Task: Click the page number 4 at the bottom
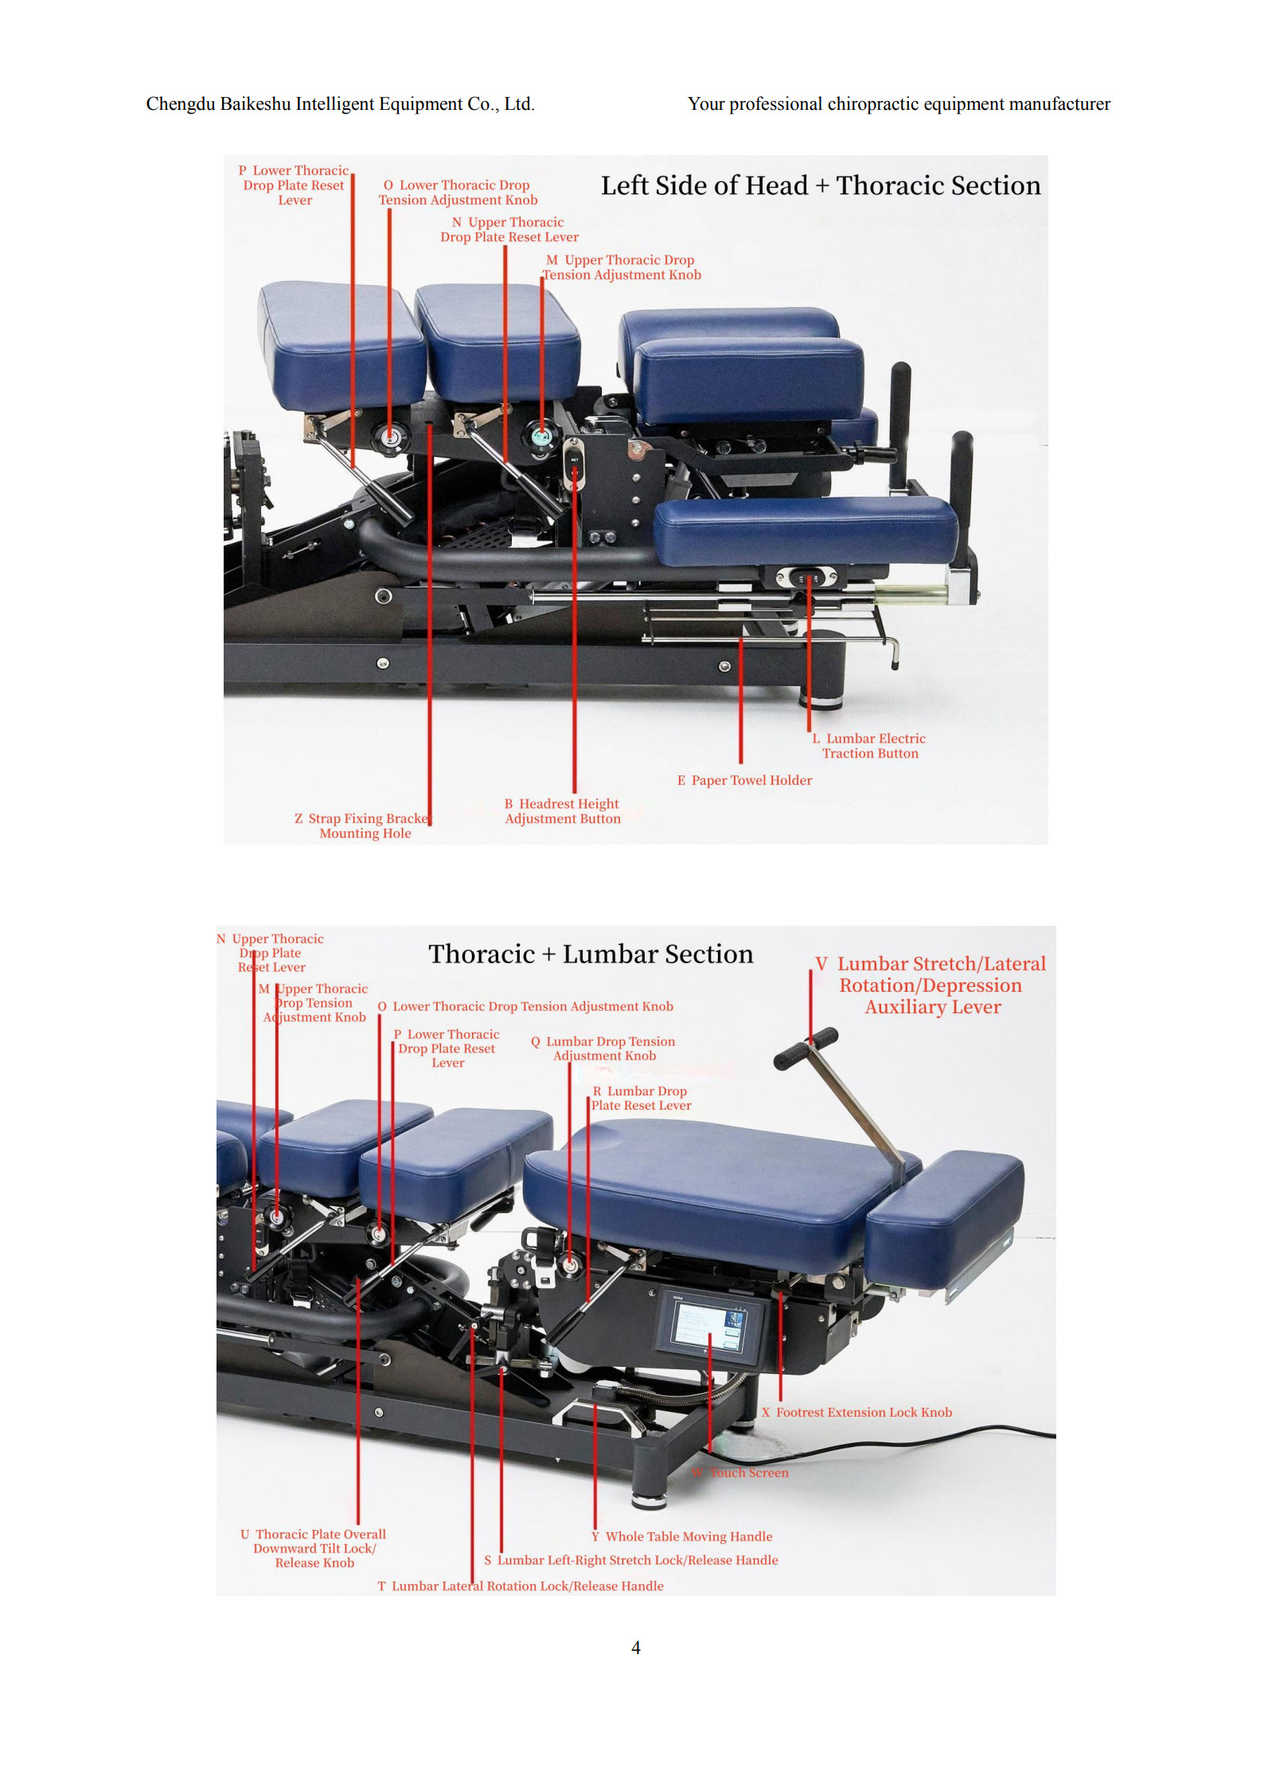click(x=635, y=1648)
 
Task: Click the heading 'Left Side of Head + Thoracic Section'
click(x=820, y=185)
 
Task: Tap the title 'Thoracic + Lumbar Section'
click(x=590, y=954)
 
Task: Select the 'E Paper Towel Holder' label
click(x=744, y=780)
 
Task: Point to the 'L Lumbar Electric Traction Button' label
click(x=871, y=746)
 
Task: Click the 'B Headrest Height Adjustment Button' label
click(x=562, y=811)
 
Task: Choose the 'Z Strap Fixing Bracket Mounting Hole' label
click(x=363, y=825)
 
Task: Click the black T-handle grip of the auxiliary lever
click(x=806, y=1048)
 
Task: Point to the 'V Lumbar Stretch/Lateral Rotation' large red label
click(x=931, y=985)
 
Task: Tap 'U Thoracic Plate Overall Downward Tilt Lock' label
click(x=314, y=1548)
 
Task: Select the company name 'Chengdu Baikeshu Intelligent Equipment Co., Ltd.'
click(x=340, y=104)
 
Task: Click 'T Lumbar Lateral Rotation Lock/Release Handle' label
click(x=521, y=1586)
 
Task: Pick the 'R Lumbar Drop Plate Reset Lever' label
click(x=641, y=1098)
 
